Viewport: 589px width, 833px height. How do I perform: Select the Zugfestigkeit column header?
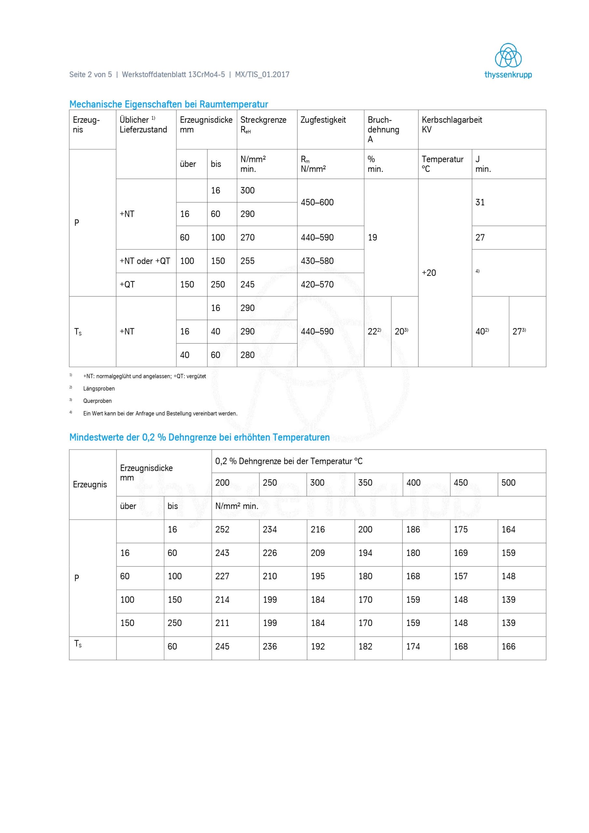point(323,120)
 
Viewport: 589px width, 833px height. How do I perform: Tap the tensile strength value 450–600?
point(317,202)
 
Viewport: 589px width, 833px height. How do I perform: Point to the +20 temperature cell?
point(429,273)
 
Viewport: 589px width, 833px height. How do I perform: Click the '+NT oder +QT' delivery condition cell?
point(145,261)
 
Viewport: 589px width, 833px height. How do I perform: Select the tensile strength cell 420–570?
point(317,284)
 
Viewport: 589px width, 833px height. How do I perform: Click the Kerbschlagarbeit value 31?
point(480,202)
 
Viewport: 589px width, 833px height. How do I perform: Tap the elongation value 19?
point(372,237)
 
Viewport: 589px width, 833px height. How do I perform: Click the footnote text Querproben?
point(97,401)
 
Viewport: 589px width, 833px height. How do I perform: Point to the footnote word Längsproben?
point(99,389)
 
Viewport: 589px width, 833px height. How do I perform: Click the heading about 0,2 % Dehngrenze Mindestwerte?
point(199,437)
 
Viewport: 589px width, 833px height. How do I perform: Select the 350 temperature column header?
point(365,483)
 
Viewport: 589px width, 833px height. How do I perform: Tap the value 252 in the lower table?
point(222,529)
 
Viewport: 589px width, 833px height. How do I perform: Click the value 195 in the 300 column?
point(318,576)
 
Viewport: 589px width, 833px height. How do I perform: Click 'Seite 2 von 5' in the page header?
point(90,75)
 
